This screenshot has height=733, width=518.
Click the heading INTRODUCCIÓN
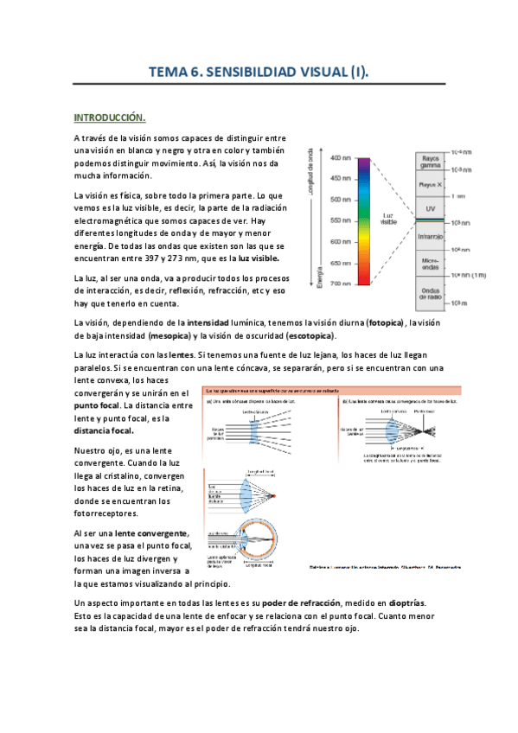pyautogui.click(x=109, y=117)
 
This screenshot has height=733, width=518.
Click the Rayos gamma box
pyautogui.click(x=432, y=163)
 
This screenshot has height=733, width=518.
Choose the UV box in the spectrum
pyautogui.click(x=432, y=209)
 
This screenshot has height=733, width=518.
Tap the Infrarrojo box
pyautogui.click(x=432, y=235)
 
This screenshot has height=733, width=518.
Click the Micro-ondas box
pyautogui.click(x=432, y=263)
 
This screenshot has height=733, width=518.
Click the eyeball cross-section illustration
pyautogui.click(x=243, y=541)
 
